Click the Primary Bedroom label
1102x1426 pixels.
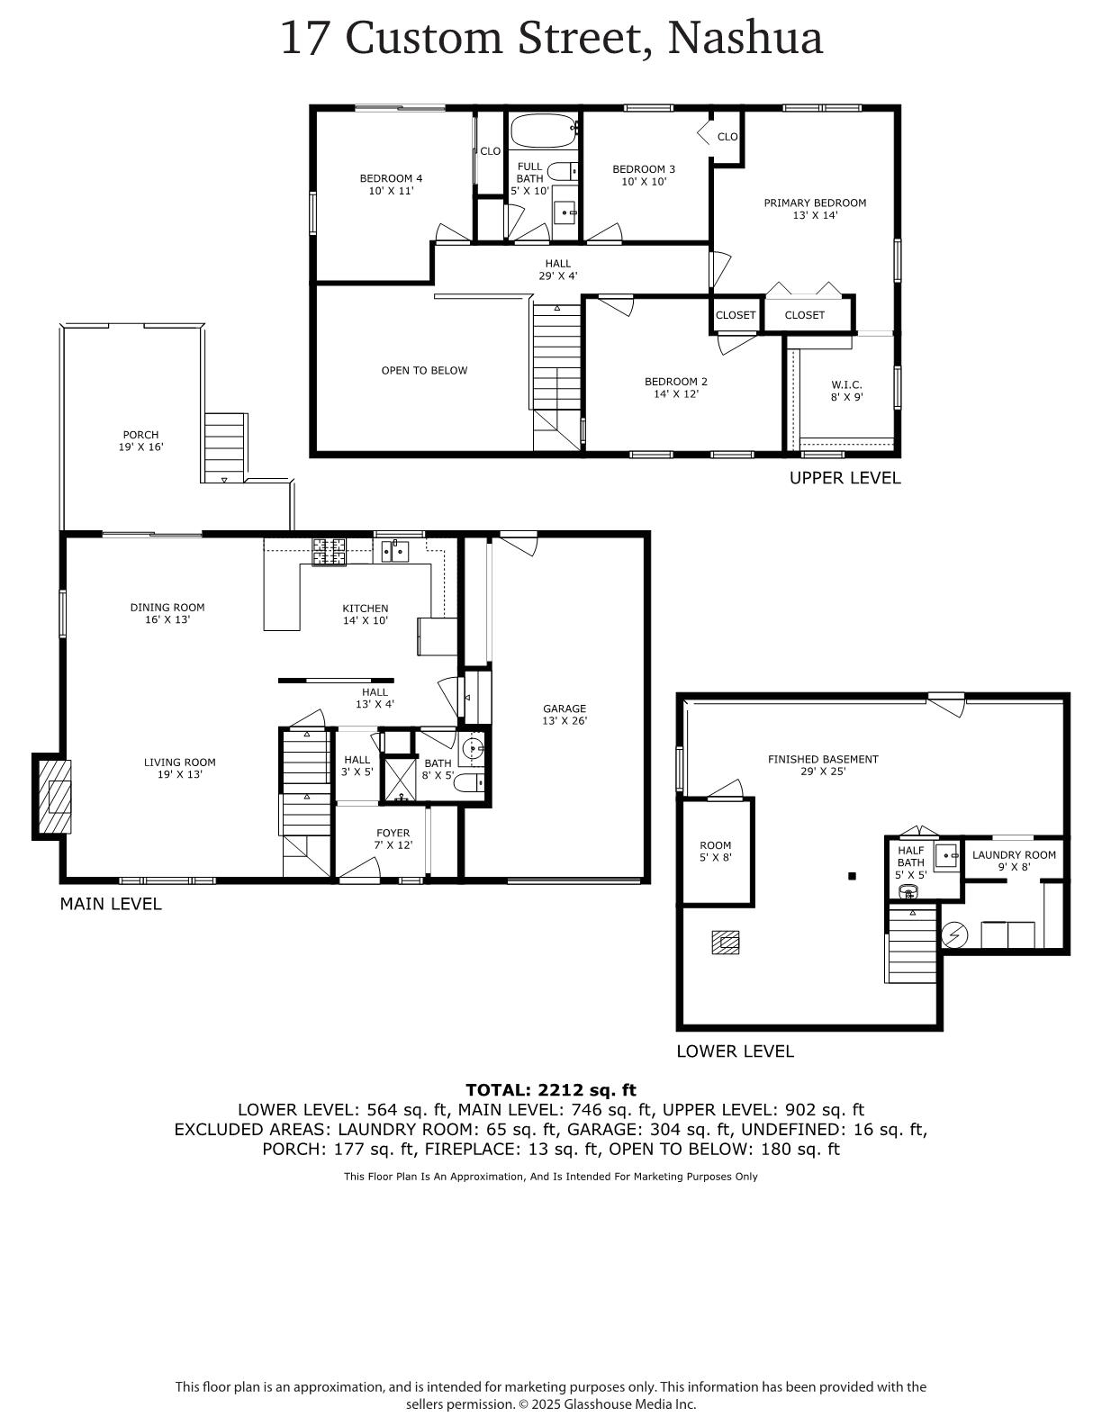[x=815, y=209]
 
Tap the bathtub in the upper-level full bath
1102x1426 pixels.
[x=543, y=131]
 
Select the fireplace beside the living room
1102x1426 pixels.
[x=53, y=796]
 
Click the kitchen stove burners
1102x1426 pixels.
[x=329, y=551]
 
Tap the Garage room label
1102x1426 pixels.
[x=565, y=714]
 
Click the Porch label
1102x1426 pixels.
[x=140, y=440]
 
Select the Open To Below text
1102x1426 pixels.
[x=424, y=371]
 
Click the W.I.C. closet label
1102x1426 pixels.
[x=846, y=391]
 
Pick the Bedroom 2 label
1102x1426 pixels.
[x=676, y=387]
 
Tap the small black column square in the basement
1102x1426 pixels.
[x=852, y=875]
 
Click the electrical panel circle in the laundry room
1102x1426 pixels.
[x=954, y=935]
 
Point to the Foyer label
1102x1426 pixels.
[x=393, y=839]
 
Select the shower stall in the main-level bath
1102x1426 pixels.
[x=400, y=780]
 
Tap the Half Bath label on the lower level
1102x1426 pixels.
[x=911, y=862]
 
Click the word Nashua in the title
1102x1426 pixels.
[x=745, y=38]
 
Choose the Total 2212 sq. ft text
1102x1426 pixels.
[x=551, y=1090]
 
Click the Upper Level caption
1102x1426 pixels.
[x=845, y=478]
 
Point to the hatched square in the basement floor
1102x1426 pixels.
[x=726, y=943]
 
